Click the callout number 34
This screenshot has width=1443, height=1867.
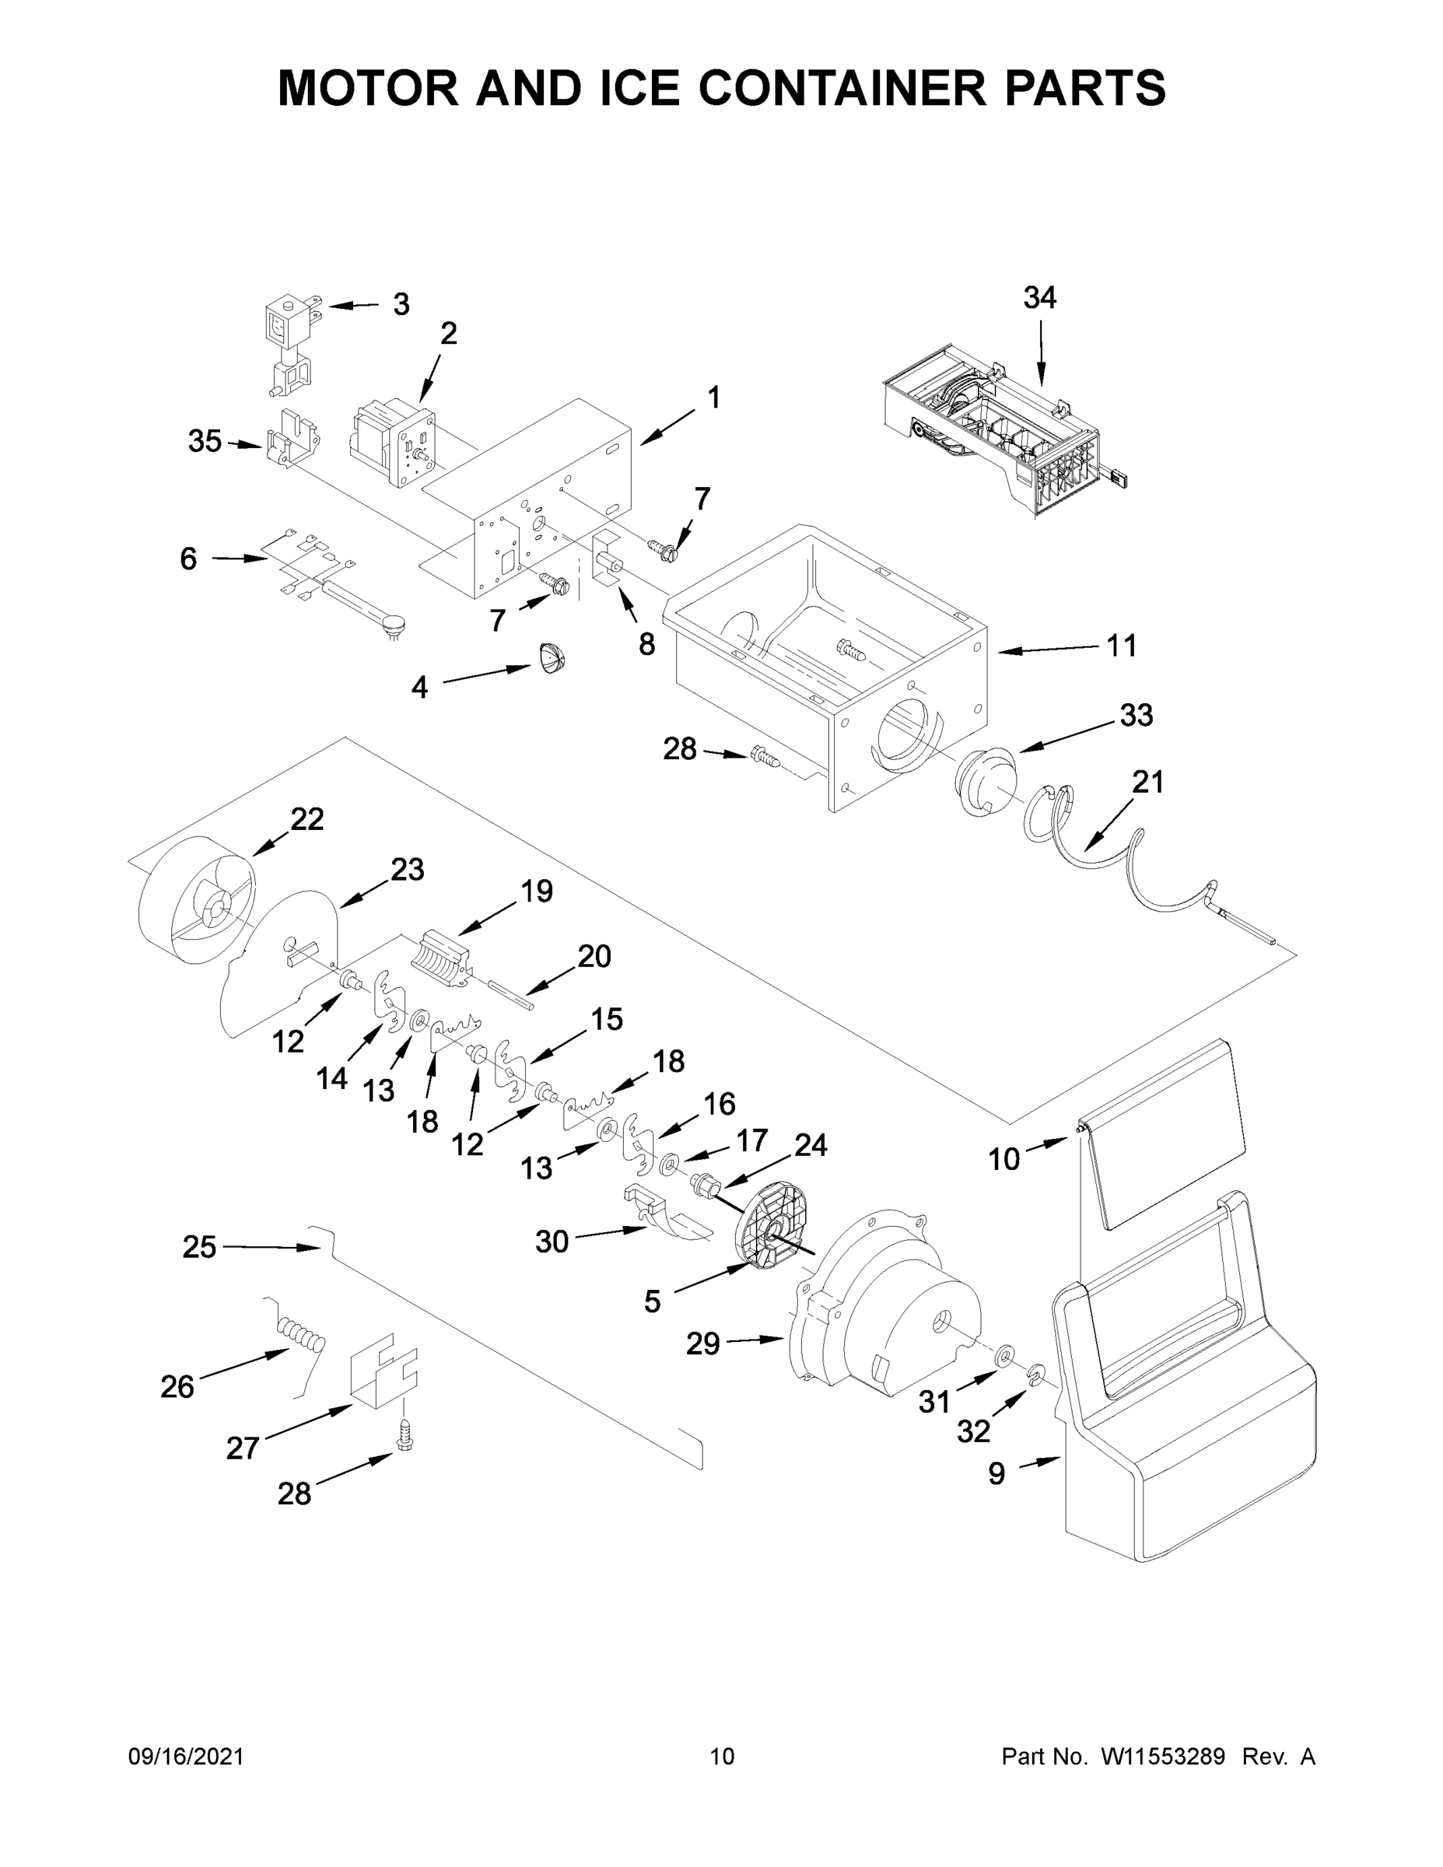(1039, 297)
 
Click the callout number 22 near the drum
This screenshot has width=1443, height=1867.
(307, 819)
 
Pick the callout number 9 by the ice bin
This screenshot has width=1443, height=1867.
(996, 1473)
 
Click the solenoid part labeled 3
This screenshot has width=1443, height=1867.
(291, 342)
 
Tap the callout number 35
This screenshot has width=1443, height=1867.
(205, 442)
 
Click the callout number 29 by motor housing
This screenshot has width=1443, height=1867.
(702, 1343)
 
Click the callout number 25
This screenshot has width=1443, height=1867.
(199, 1247)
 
